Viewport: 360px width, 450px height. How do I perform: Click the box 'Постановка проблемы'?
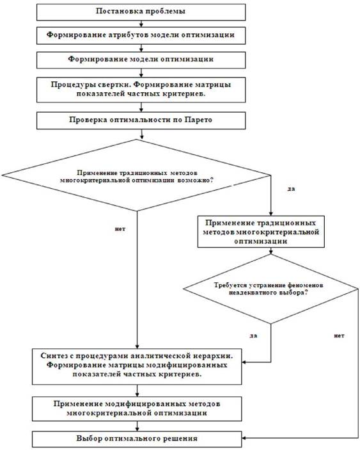pos(141,12)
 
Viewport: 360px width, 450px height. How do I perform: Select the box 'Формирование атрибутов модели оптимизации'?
pos(141,36)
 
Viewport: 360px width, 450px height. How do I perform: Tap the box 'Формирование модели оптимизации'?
pos(141,60)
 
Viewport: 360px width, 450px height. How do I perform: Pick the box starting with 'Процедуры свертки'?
pos(141,90)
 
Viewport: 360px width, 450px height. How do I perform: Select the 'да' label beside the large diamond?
pos(291,189)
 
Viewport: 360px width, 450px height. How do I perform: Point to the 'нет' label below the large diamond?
pos(120,229)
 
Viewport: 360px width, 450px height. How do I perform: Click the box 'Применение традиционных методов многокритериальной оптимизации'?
pos(261,232)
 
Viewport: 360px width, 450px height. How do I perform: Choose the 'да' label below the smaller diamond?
pos(253,335)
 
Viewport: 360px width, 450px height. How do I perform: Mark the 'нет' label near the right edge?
pos(339,335)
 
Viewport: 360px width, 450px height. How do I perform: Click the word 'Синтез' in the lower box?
pos(54,356)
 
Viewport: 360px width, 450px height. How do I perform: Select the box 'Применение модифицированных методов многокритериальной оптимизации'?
pos(137,408)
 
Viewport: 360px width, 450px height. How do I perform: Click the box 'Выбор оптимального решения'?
pos(137,439)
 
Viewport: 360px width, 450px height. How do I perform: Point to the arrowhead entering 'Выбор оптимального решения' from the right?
pos(244,438)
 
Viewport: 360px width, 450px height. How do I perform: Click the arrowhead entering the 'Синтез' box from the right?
pos(244,362)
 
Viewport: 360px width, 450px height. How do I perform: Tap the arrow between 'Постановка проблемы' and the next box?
pos(141,24)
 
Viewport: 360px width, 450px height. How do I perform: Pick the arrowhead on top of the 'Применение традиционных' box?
pos(271,214)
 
